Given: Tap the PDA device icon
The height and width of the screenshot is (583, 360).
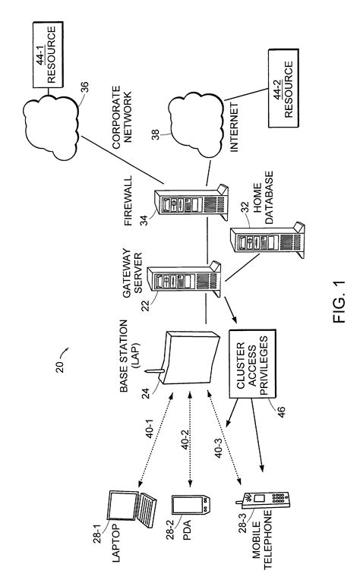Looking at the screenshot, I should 188,510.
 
